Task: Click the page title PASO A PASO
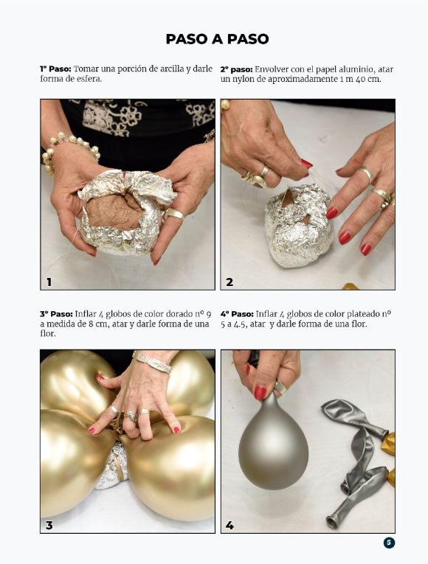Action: [x=217, y=39]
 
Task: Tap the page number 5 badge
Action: [x=389, y=543]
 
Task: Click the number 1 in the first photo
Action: [x=49, y=282]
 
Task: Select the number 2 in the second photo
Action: [x=229, y=282]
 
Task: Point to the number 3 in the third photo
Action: [x=49, y=526]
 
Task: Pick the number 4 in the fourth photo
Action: [x=229, y=526]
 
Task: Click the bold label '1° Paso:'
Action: [x=55, y=69]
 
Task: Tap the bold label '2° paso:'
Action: [x=236, y=69]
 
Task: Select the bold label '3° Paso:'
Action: [x=56, y=314]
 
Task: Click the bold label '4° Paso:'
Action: [x=237, y=314]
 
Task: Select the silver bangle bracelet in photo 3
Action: [x=153, y=363]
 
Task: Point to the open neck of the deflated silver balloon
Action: [x=332, y=522]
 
